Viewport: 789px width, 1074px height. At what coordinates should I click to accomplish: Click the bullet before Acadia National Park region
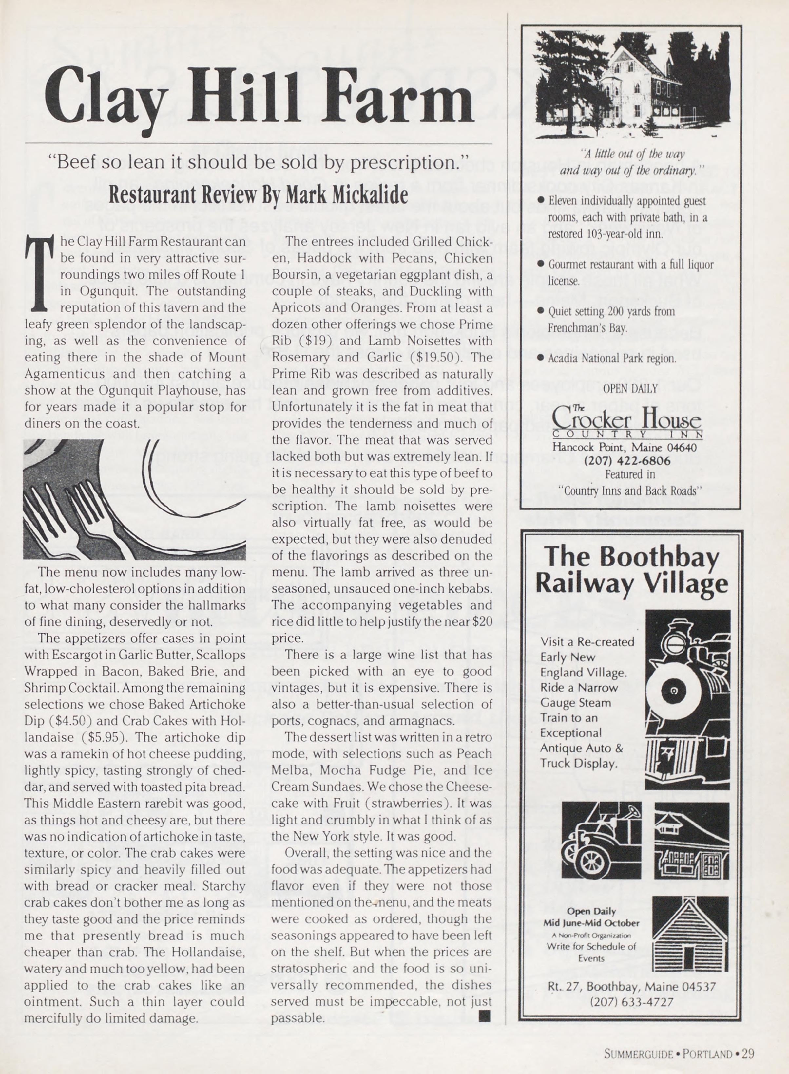click(x=541, y=358)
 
